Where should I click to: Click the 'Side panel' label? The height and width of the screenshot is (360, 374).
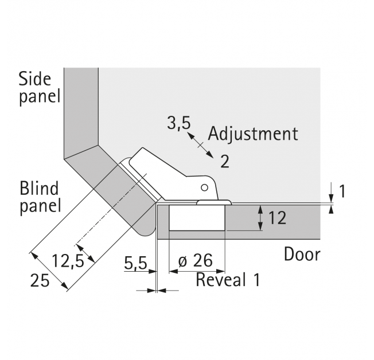(x=40, y=88)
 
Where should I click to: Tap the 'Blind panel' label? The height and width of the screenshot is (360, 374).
(x=40, y=197)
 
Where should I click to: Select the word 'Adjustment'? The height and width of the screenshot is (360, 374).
(x=253, y=134)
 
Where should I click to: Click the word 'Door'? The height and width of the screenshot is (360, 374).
(x=302, y=255)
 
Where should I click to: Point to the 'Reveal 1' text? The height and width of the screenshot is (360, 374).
(x=228, y=280)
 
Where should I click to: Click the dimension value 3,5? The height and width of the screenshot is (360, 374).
(x=178, y=123)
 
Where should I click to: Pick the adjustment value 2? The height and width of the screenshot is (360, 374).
(x=225, y=162)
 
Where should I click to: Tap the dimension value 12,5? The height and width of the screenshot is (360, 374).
(x=68, y=261)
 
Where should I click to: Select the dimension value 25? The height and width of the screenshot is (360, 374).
(x=40, y=280)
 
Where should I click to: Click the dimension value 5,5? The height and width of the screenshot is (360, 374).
(x=135, y=264)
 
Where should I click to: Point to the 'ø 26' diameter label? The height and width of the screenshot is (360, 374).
(x=196, y=260)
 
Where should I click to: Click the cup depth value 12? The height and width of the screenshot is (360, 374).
(x=277, y=218)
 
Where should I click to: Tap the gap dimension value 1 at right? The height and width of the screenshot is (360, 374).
(x=342, y=191)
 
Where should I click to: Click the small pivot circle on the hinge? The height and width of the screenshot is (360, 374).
(x=204, y=187)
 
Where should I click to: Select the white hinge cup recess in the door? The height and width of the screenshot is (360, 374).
(x=197, y=218)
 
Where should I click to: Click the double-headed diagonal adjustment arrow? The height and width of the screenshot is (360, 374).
(x=200, y=144)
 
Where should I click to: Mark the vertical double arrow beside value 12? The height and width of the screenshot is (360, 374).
(x=260, y=218)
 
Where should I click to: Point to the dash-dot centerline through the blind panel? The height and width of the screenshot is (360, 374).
(x=111, y=210)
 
